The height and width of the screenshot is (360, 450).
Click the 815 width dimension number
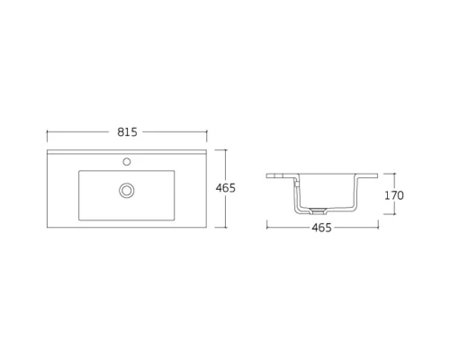[x=127, y=132]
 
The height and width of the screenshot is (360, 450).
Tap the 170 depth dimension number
[x=393, y=195]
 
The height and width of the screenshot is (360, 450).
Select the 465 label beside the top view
[x=226, y=188]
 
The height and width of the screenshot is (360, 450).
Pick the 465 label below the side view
[x=321, y=228]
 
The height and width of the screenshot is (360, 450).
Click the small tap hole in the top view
[x=127, y=163]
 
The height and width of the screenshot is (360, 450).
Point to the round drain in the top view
[x=127, y=190]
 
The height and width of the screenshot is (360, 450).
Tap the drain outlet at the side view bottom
[x=316, y=211]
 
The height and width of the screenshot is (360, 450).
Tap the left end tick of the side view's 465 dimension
[x=266, y=228]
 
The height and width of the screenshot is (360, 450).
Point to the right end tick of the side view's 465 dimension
[x=378, y=228]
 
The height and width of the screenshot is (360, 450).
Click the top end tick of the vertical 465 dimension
[x=226, y=149]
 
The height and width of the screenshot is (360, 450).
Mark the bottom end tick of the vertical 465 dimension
[x=226, y=227]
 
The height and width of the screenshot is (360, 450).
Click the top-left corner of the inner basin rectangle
[x=79, y=171]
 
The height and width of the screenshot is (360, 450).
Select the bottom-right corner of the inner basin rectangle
[x=175, y=219]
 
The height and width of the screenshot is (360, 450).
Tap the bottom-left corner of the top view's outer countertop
[x=47, y=227]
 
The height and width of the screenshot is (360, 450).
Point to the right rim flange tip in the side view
[x=377, y=175]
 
